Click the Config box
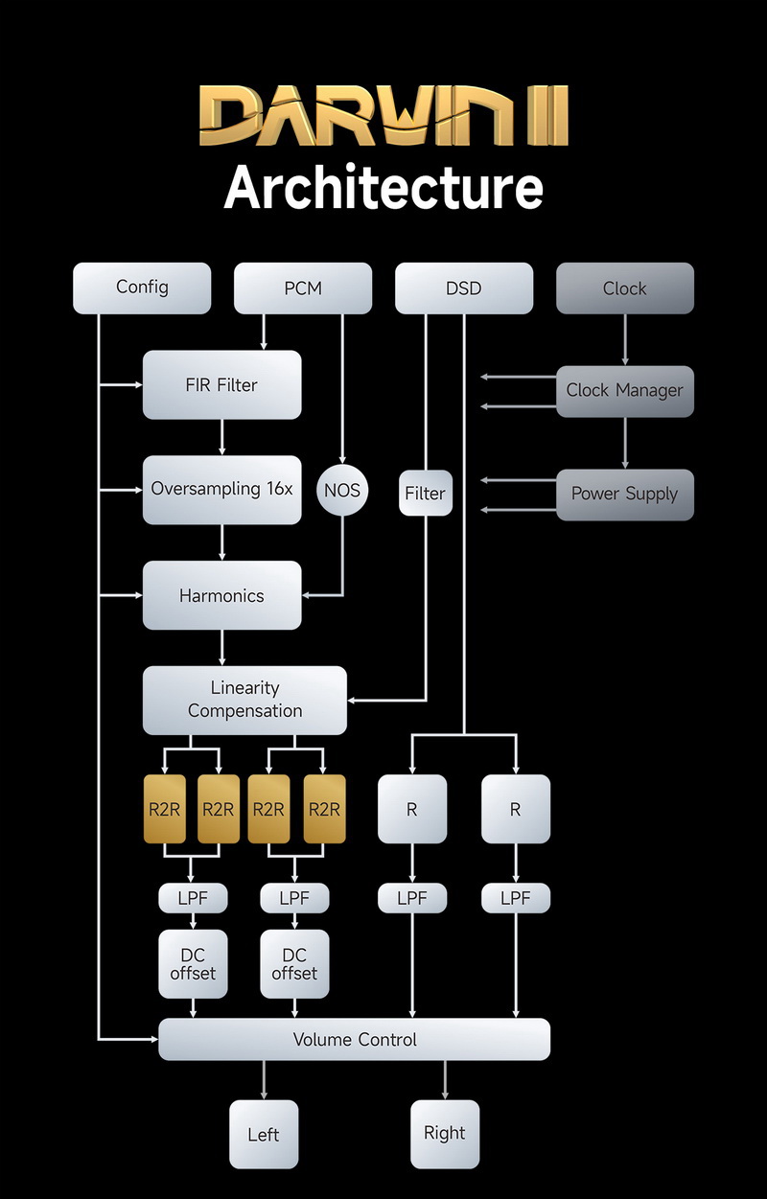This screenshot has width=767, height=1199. point(142,288)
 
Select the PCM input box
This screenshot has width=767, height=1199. point(303,288)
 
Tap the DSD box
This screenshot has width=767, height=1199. point(464,288)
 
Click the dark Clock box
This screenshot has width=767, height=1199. point(625,288)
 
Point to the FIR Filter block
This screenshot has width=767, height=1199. point(221,385)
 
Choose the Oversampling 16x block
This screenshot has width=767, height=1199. point(221,489)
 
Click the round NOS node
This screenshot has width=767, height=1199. point(342,490)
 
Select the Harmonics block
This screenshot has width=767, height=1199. point(221,595)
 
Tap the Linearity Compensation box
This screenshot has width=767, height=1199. point(244,700)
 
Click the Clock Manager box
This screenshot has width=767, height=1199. point(625,390)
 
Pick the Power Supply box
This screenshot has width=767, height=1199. point(625,494)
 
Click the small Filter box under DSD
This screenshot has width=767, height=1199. point(425,494)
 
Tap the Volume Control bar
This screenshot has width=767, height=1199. point(355,1039)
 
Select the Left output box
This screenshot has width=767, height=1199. point(264,1135)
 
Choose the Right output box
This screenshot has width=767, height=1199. point(445,1133)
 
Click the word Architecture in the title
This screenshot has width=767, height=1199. point(383,187)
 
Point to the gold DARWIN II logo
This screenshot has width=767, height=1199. point(383,115)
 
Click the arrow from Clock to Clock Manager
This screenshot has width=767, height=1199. point(625,339)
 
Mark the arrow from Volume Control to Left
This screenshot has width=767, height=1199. point(264,1079)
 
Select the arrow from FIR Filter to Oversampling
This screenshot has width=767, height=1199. point(221,437)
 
